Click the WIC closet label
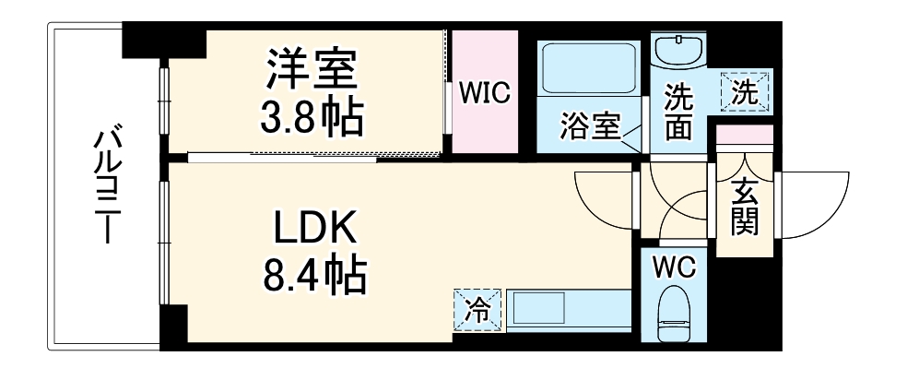pos(485,94)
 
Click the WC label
pos(676,267)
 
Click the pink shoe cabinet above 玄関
pos(745,133)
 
